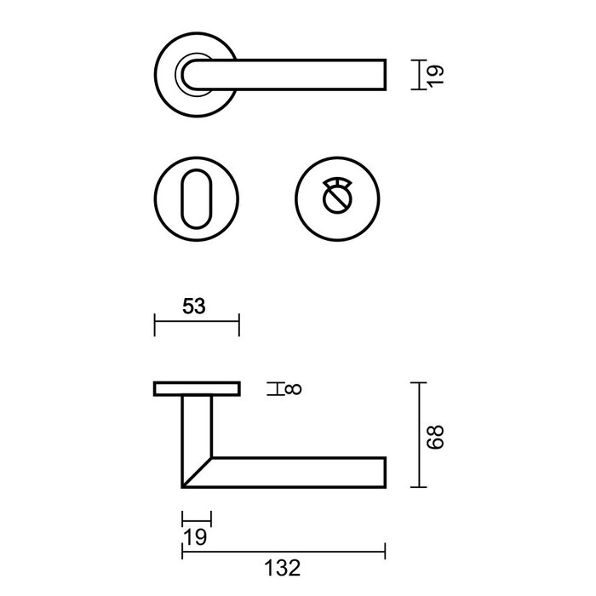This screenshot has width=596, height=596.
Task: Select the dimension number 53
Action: pyautogui.click(x=196, y=307)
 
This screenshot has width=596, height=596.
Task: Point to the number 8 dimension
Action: pyautogui.click(x=291, y=389)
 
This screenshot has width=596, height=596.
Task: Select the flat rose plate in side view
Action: pyautogui.click(x=197, y=389)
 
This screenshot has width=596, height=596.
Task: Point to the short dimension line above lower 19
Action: pyautogui.click(x=197, y=519)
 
